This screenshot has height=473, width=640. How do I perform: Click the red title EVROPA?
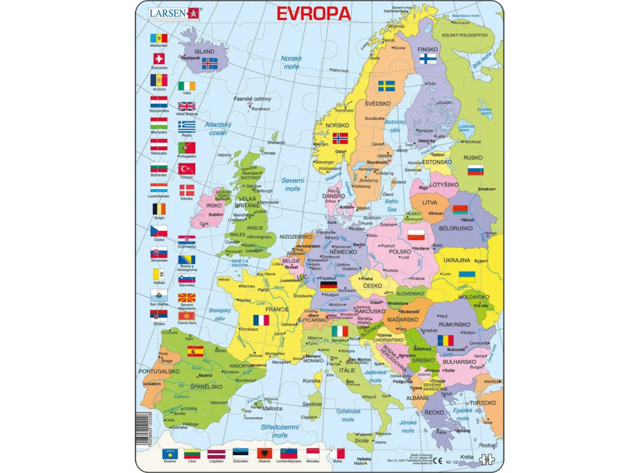click(313, 13)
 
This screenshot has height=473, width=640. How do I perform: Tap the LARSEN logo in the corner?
click(173, 12)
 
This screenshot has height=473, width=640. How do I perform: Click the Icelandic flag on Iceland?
click(209, 63)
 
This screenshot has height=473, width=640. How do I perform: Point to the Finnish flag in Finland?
click(428, 59)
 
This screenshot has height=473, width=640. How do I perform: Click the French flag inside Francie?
click(261, 320)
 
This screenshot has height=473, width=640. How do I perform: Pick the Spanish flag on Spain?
click(195, 351)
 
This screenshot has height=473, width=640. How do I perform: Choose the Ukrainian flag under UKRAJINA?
click(467, 275)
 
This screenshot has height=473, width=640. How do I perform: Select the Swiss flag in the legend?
click(159, 59)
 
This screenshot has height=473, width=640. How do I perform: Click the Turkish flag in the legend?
click(187, 168)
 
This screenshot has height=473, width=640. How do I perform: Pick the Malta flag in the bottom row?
click(338, 453)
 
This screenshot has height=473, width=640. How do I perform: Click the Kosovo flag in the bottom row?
click(169, 453)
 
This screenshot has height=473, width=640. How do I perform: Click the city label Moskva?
click(487, 189)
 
